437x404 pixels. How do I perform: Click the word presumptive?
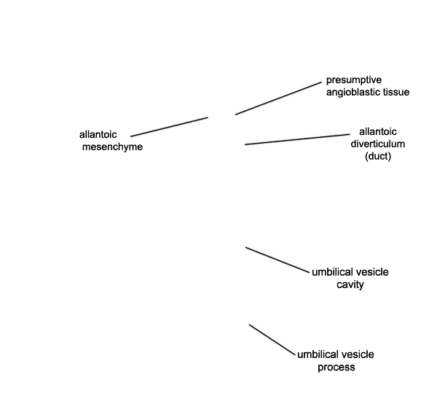[354, 80]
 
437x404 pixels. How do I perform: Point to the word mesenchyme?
[112, 147]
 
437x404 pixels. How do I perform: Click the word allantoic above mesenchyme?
[98, 134]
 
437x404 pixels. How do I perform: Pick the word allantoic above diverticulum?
[377, 131]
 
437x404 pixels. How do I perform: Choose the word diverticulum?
[377, 144]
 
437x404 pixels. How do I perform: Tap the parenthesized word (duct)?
[378, 156]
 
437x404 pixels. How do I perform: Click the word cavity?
[350, 285]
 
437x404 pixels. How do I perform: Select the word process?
[336, 367]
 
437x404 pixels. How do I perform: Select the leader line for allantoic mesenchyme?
[169, 127]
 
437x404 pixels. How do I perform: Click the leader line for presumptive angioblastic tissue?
[278, 98]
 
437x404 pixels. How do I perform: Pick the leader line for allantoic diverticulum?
[297, 139]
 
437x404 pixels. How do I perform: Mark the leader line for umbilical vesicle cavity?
[277, 260]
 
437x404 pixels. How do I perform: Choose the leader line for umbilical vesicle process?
[272, 340]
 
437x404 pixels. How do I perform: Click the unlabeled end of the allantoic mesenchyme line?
[208, 117]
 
